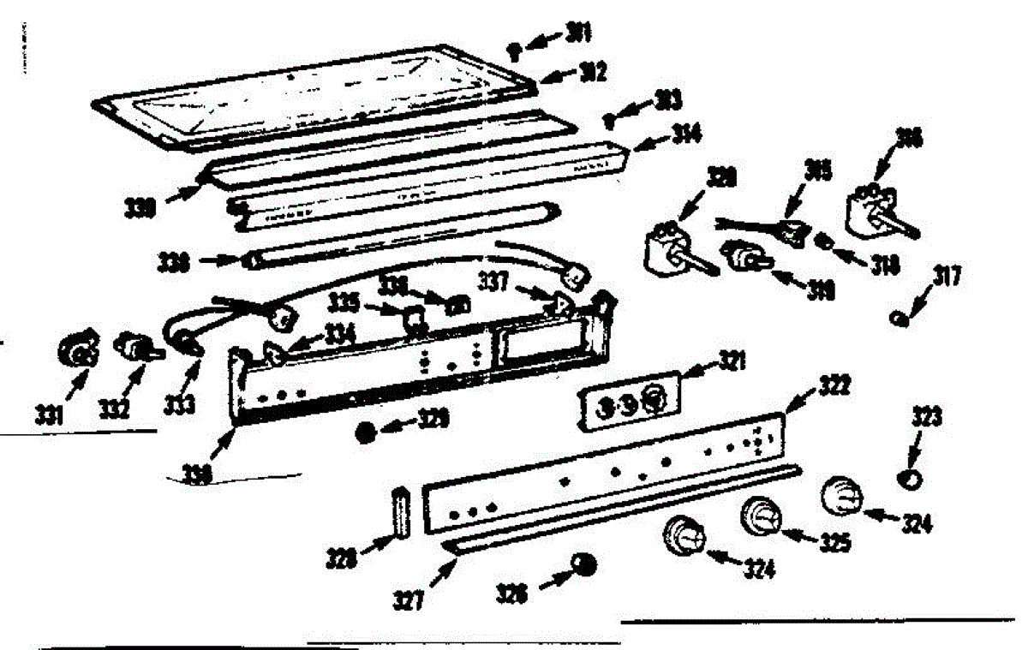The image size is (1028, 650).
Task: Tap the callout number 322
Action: [x=809, y=386]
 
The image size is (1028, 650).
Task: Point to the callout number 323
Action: [x=927, y=420]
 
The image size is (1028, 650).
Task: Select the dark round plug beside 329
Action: [x=366, y=432]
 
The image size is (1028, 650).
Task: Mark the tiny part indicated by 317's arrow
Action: [x=899, y=319]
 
